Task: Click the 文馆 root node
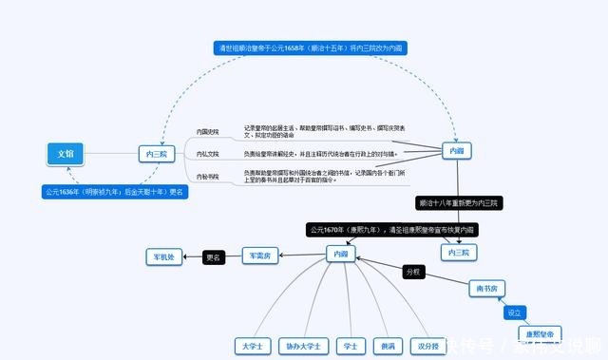point(65,153)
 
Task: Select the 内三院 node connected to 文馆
point(156,153)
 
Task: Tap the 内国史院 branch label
point(207,131)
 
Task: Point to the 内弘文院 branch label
point(207,153)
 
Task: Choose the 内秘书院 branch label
point(207,176)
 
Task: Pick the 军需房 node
point(259,255)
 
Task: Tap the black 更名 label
point(213,256)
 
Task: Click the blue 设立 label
point(514,312)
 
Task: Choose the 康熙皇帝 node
point(541,333)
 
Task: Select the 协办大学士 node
point(306,346)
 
